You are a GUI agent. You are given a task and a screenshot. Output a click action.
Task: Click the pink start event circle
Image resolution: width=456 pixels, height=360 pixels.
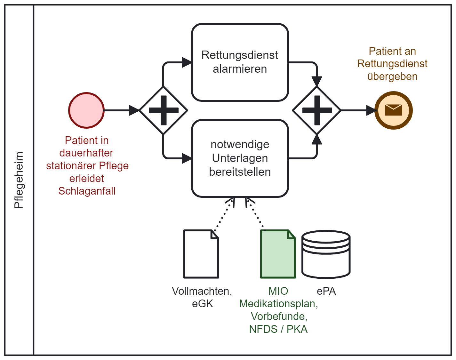pyautogui.click(x=86, y=110)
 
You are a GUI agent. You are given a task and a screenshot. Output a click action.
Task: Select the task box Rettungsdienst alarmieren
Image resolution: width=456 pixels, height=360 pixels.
pyautogui.click(x=240, y=62)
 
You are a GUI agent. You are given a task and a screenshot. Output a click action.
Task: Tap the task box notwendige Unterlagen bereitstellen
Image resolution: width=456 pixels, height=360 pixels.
pyautogui.click(x=240, y=158)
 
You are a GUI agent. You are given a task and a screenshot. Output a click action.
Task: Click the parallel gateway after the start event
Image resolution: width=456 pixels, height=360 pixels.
pyautogui.click(x=163, y=110)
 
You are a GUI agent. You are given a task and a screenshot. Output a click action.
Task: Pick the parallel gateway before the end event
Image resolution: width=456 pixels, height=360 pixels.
pyautogui.click(x=317, y=110)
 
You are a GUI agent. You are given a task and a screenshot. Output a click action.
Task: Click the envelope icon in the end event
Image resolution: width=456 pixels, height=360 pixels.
pyautogui.click(x=393, y=110)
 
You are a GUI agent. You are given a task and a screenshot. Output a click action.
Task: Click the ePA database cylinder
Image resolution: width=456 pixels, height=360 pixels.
pyautogui.click(x=326, y=254)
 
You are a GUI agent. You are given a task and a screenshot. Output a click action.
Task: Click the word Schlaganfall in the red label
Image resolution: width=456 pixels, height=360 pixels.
pyautogui.click(x=87, y=191)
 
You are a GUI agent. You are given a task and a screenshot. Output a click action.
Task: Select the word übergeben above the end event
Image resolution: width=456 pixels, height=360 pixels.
pyautogui.click(x=392, y=76)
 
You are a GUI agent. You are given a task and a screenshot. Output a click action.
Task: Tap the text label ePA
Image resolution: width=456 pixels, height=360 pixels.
pyautogui.click(x=326, y=291)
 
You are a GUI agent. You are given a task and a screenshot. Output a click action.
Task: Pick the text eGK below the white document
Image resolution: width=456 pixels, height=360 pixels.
pyautogui.click(x=202, y=304)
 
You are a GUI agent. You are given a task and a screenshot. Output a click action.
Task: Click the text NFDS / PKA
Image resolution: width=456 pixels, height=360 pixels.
pyautogui.click(x=278, y=329)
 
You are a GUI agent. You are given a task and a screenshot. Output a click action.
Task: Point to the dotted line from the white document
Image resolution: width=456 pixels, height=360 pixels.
pyautogui.click(x=224, y=214)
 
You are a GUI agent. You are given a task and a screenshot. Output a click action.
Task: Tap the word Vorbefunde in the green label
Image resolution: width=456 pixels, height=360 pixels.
pyautogui.click(x=279, y=316)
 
